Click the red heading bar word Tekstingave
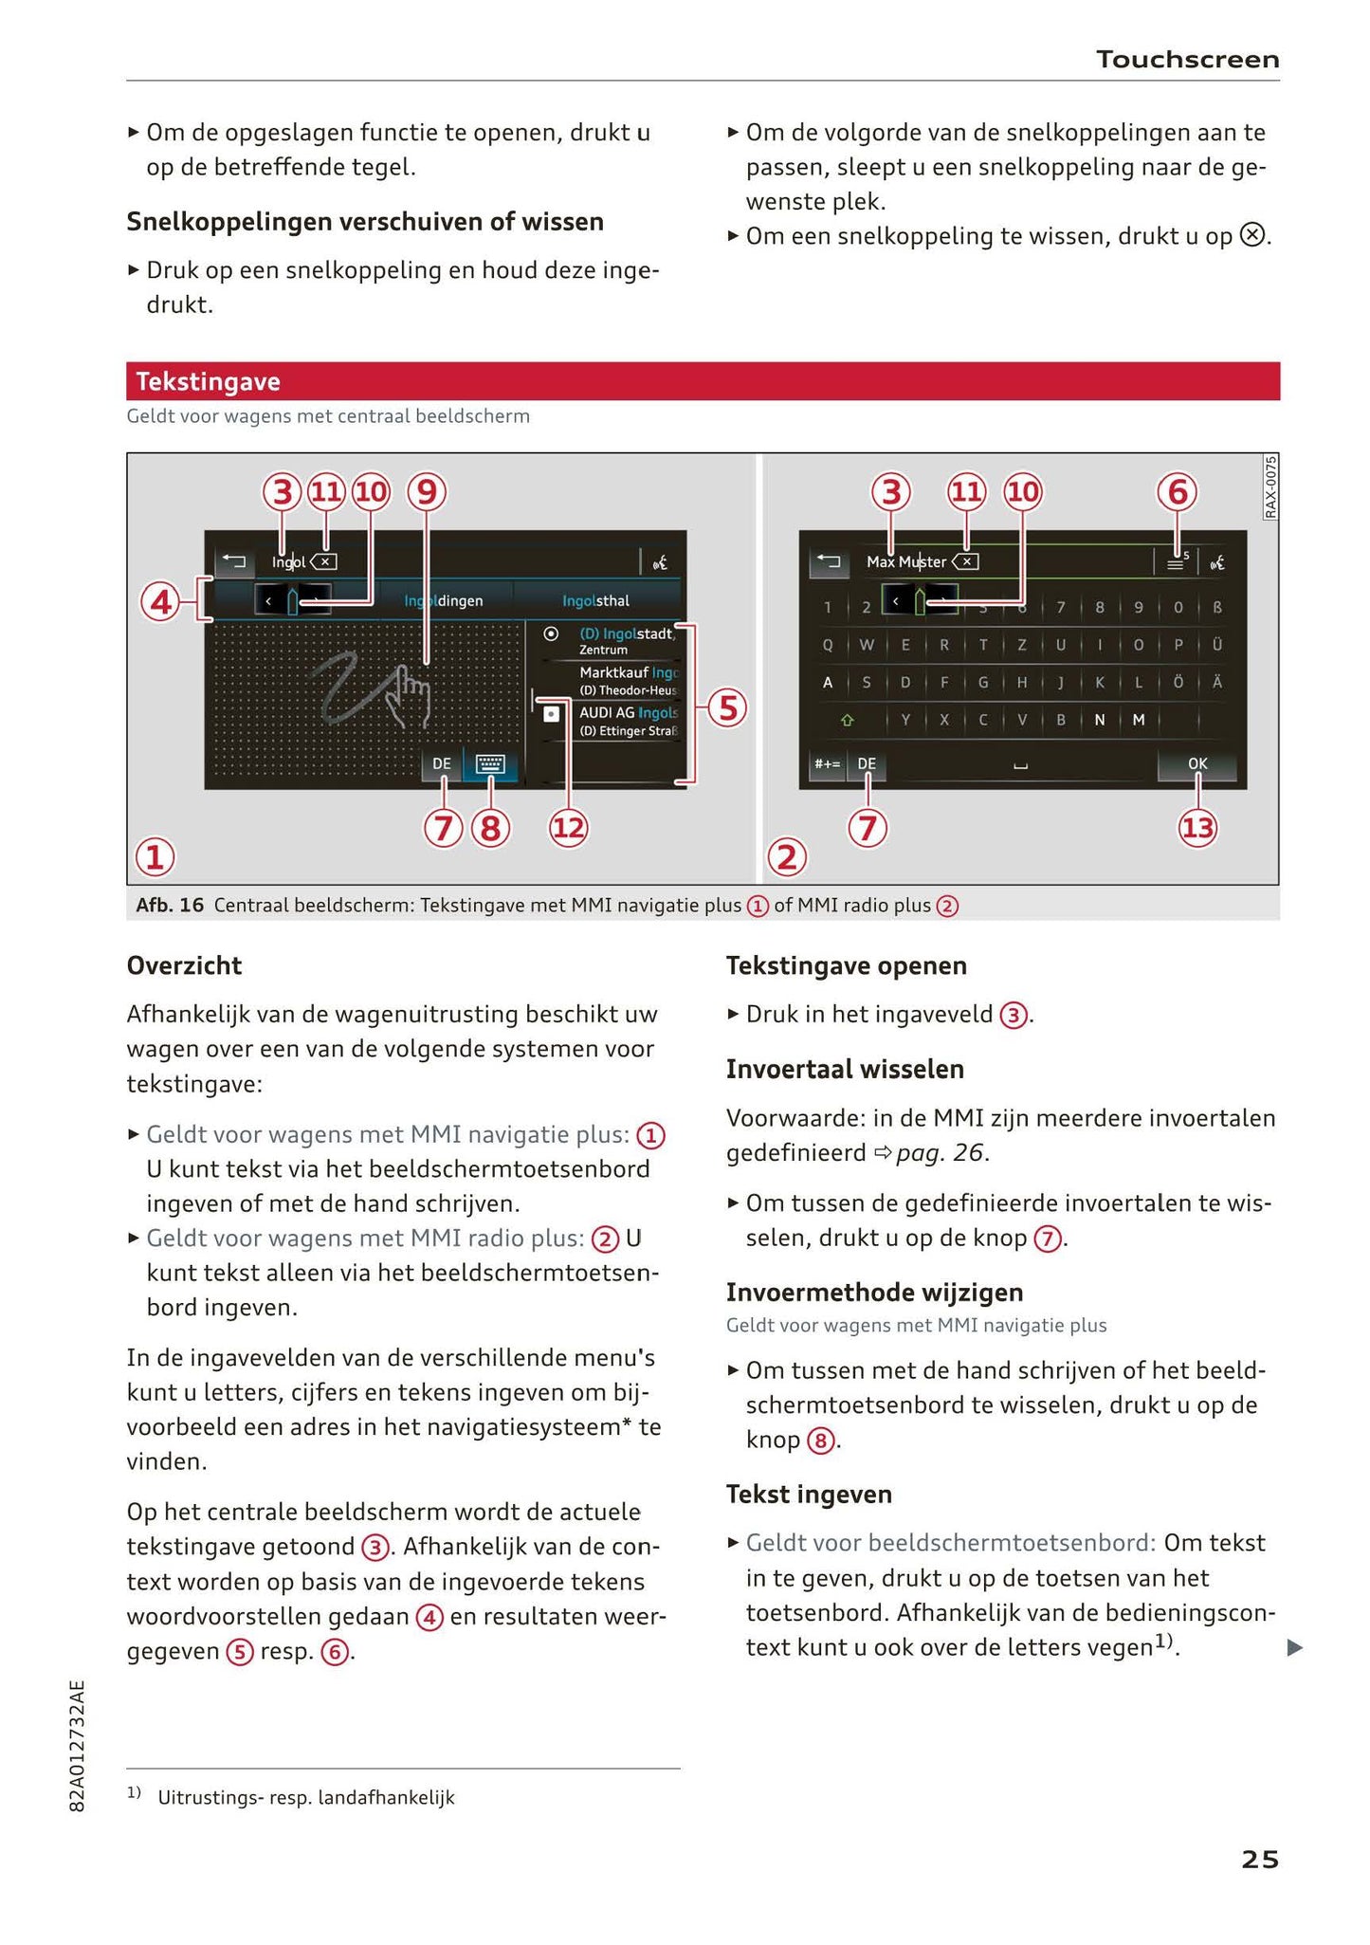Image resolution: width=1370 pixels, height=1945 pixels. pyautogui.click(x=208, y=382)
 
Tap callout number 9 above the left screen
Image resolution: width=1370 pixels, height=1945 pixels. pyautogui.click(x=427, y=491)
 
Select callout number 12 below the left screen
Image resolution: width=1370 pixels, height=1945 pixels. pyautogui.click(x=569, y=828)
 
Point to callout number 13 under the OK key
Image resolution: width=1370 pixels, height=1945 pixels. pyautogui.click(x=1197, y=828)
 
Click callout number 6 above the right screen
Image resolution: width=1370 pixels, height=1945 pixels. pyautogui.click(x=1177, y=491)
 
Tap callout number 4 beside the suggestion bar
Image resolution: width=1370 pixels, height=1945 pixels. pyautogui.click(x=160, y=602)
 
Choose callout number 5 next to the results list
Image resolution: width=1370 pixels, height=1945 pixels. pyautogui.click(x=727, y=707)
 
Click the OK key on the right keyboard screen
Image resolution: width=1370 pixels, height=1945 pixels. pyautogui.click(x=1197, y=763)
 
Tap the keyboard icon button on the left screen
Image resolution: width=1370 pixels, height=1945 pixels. pyautogui.click(x=490, y=764)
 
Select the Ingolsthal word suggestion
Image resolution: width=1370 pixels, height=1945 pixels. pyautogui.click(x=595, y=600)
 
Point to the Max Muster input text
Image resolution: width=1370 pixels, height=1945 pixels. pyautogui.click(x=905, y=562)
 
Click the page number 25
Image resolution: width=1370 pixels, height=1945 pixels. pyautogui.click(x=1259, y=1860)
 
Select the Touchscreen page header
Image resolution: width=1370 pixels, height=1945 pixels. pyautogui.click(x=1187, y=60)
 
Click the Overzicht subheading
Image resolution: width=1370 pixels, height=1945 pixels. pyautogui.click(x=184, y=965)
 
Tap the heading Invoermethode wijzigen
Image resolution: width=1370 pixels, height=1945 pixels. pyautogui.click(x=874, y=1293)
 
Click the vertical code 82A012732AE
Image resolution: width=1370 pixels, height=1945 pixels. pyautogui.click(x=78, y=1746)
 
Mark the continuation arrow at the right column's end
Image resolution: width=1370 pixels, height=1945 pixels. pyautogui.click(x=1294, y=1648)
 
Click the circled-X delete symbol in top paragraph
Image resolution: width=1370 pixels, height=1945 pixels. pyautogui.click(x=1252, y=235)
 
